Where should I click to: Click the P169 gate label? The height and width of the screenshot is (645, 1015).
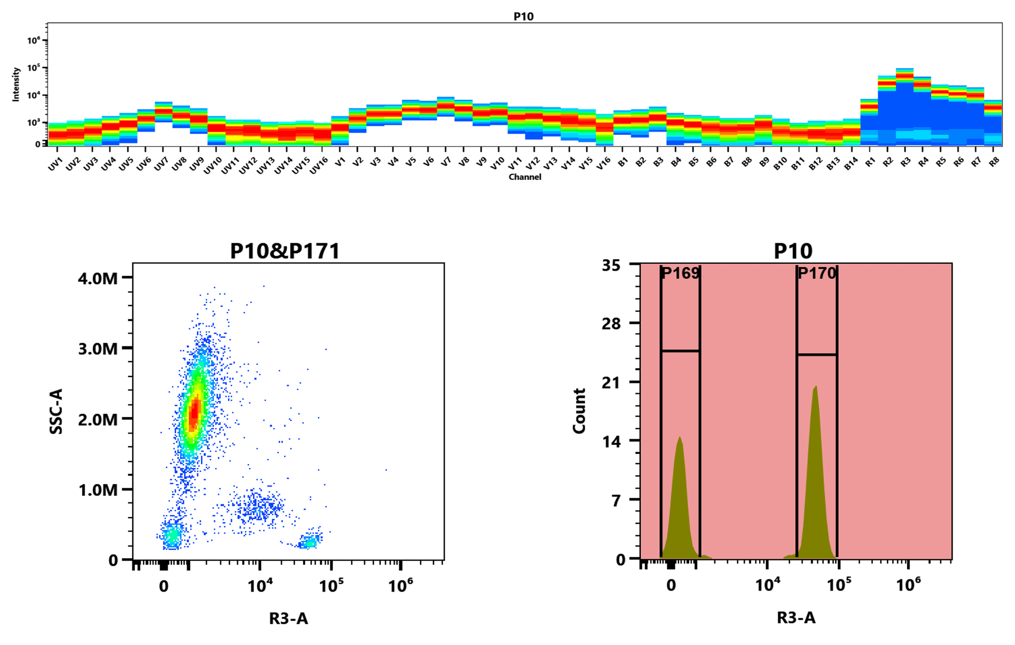click(680, 273)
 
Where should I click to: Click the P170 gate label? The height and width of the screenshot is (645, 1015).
click(817, 273)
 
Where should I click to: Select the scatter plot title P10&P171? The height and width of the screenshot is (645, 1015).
click(285, 251)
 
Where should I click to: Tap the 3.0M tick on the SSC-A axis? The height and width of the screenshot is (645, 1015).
click(98, 348)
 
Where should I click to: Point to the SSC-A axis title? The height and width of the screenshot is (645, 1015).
click(56, 411)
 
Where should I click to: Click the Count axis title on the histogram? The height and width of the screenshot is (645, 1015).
click(579, 411)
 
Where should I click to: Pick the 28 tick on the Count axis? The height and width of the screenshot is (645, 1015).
click(611, 323)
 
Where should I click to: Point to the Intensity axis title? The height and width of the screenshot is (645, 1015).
click(16, 84)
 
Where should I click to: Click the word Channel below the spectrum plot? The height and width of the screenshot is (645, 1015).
click(524, 177)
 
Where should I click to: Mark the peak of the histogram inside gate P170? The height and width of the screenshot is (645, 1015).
click(816, 387)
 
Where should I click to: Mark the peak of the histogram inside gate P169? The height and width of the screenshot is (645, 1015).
click(680, 438)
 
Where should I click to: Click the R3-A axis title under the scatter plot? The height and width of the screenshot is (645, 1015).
click(288, 618)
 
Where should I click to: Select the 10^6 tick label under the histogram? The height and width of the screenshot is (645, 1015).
click(908, 585)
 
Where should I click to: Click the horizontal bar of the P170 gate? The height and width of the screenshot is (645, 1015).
click(817, 355)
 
